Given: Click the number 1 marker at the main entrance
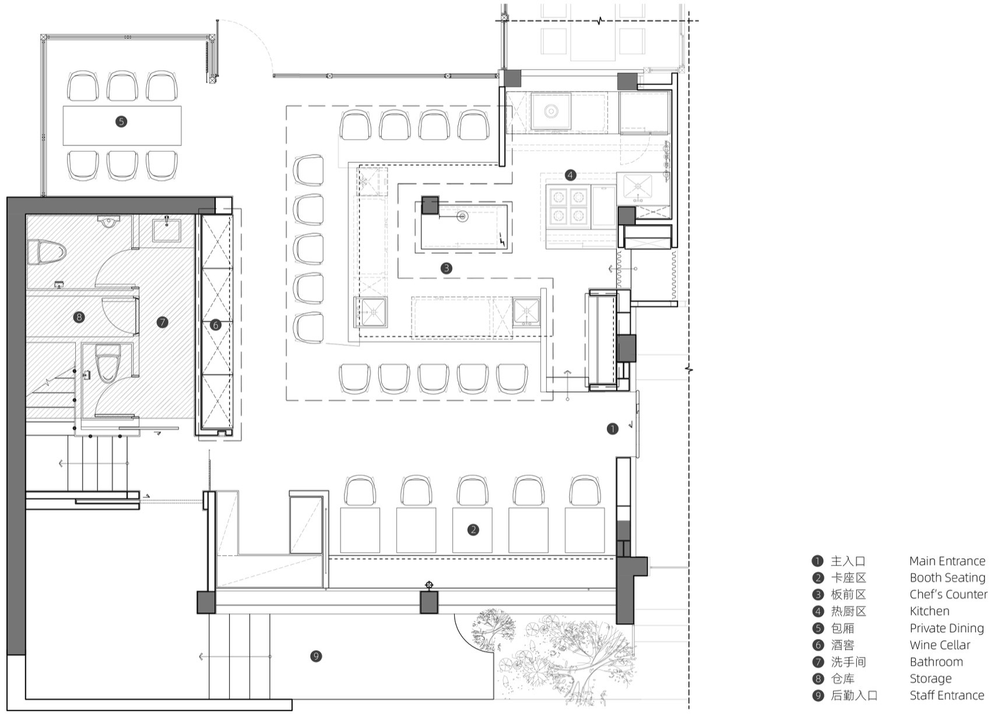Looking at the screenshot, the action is tap(612, 429).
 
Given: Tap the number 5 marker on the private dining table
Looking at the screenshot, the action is tap(121, 121).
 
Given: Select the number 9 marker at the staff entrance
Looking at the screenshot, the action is tap(316, 656).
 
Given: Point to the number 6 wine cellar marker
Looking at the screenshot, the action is tap(216, 325).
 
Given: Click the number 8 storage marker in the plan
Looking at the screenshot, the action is tap(79, 317).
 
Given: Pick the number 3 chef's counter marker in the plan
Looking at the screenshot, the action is tap(447, 268).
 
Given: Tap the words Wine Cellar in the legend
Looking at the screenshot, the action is tap(940, 645).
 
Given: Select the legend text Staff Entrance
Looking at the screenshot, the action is tap(947, 696).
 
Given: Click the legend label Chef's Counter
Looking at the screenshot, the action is tap(948, 594).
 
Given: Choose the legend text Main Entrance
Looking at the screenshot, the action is tap(947, 561).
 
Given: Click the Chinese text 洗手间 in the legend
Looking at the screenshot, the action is tap(849, 662).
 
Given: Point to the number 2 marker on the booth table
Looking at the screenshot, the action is tap(473, 530).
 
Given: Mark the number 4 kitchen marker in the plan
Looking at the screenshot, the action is tap(570, 176).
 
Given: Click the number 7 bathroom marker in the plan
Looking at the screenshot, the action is tap(163, 322).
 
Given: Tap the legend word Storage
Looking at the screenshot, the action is tap(930, 679).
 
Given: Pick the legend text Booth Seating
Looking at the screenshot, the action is tap(947, 578).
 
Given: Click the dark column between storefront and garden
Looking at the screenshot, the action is tap(428, 602).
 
